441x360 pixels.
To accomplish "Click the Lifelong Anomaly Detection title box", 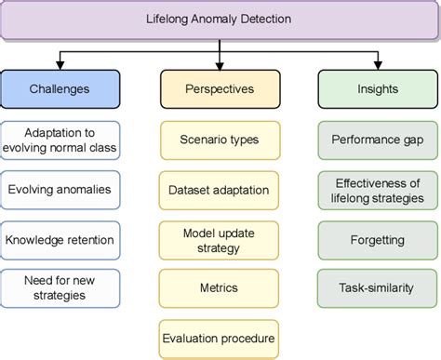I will click(220, 19).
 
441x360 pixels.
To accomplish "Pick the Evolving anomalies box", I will click(60, 190).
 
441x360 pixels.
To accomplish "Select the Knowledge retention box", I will click(60, 240).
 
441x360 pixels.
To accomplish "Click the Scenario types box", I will click(220, 140).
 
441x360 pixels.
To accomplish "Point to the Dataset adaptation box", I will click(220, 190).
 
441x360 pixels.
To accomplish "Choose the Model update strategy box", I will click(220, 241).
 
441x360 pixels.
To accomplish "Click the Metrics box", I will click(220, 290).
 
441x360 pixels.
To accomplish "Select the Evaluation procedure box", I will click(220, 339).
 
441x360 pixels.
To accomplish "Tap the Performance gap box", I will click(378, 140).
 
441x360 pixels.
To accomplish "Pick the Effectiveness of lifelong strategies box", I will click(378, 190).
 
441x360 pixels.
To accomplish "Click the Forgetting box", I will click(378, 239).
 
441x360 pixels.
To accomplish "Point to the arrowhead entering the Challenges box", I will click(60, 67).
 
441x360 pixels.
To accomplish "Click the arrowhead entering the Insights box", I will click(378, 67).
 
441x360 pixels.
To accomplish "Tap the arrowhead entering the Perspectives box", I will click(220, 67).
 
